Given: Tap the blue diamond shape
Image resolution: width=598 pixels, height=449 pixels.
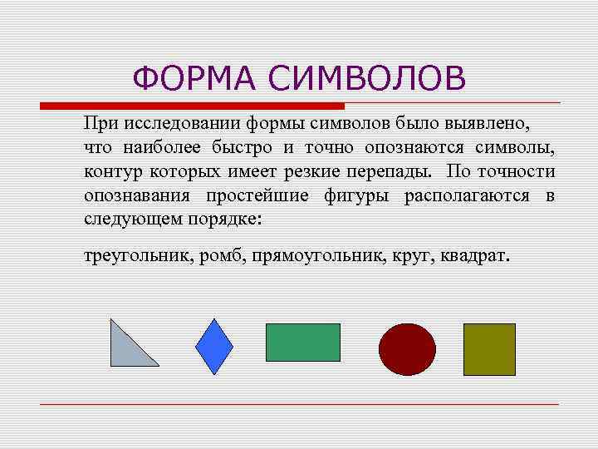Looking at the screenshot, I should [x=214, y=346].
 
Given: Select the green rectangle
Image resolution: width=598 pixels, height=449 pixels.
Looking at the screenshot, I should [x=302, y=342].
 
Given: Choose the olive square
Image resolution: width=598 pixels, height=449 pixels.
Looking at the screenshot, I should [x=489, y=349].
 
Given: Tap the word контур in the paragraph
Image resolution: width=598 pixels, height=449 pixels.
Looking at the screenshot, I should [x=113, y=172].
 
